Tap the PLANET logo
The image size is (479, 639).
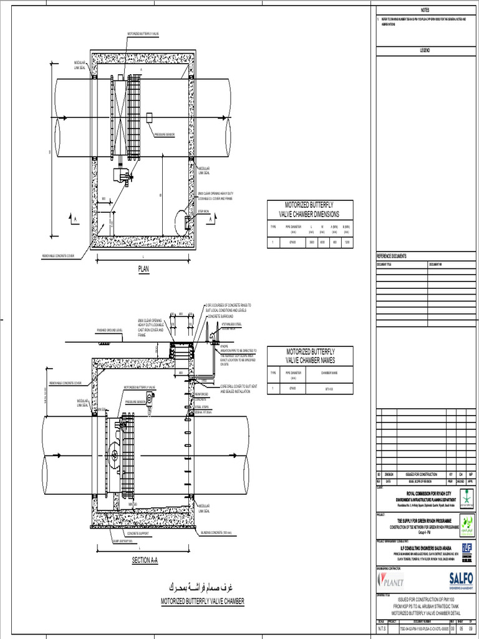[x=391, y=581]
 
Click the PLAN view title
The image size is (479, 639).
[x=145, y=269]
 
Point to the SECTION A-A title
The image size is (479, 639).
[x=145, y=561]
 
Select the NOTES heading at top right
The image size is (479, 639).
[x=425, y=11]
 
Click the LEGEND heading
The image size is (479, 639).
[x=425, y=50]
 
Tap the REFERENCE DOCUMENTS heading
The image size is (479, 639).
[x=392, y=256]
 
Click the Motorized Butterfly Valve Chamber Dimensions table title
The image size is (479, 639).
[x=310, y=209]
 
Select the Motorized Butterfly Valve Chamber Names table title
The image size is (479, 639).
[x=310, y=356]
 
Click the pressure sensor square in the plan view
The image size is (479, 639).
[x=150, y=117]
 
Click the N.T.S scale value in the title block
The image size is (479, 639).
[x=381, y=631]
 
